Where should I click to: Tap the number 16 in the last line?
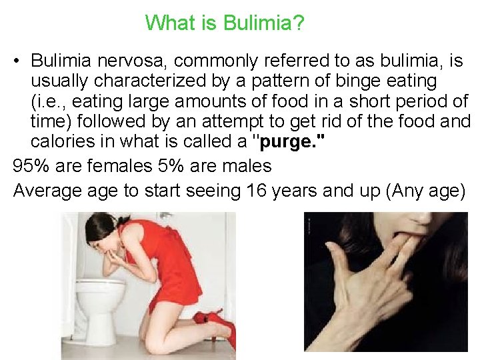pyautogui.click(x=257, y=191)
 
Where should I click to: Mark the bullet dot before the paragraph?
pyautogui.click(x=18, y=61)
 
